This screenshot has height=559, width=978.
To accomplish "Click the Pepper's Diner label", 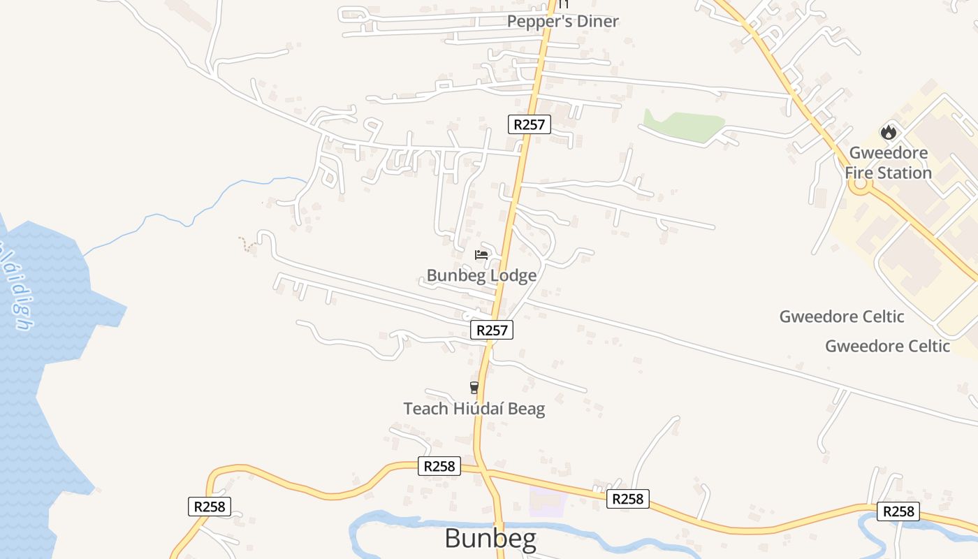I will point(562,22).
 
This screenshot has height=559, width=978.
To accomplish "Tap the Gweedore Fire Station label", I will point(888,163).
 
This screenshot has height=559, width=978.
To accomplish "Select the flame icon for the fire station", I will point(888,132).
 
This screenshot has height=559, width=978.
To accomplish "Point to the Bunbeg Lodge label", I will point(481,275).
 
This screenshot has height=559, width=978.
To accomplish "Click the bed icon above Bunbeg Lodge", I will point(481,255).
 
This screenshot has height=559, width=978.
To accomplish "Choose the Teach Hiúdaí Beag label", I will point(474,409).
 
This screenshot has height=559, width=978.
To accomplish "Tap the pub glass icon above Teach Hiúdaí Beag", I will point(474,387).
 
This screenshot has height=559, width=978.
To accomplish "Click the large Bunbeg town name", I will point(490,539).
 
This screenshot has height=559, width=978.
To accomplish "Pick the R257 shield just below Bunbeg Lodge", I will point(492,330).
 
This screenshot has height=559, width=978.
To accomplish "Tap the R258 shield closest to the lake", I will point(209,507).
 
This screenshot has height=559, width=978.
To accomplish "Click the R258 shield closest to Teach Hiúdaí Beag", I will point(439,466).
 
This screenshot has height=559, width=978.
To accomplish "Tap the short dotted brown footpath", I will point(245,245).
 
